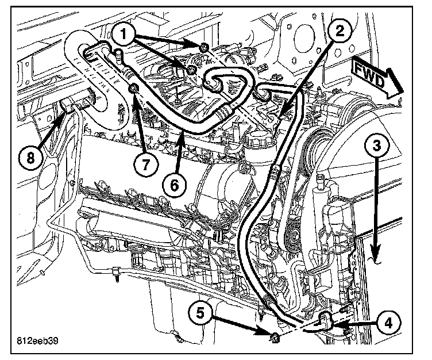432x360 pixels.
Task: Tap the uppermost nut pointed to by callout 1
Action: [205, 47]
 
